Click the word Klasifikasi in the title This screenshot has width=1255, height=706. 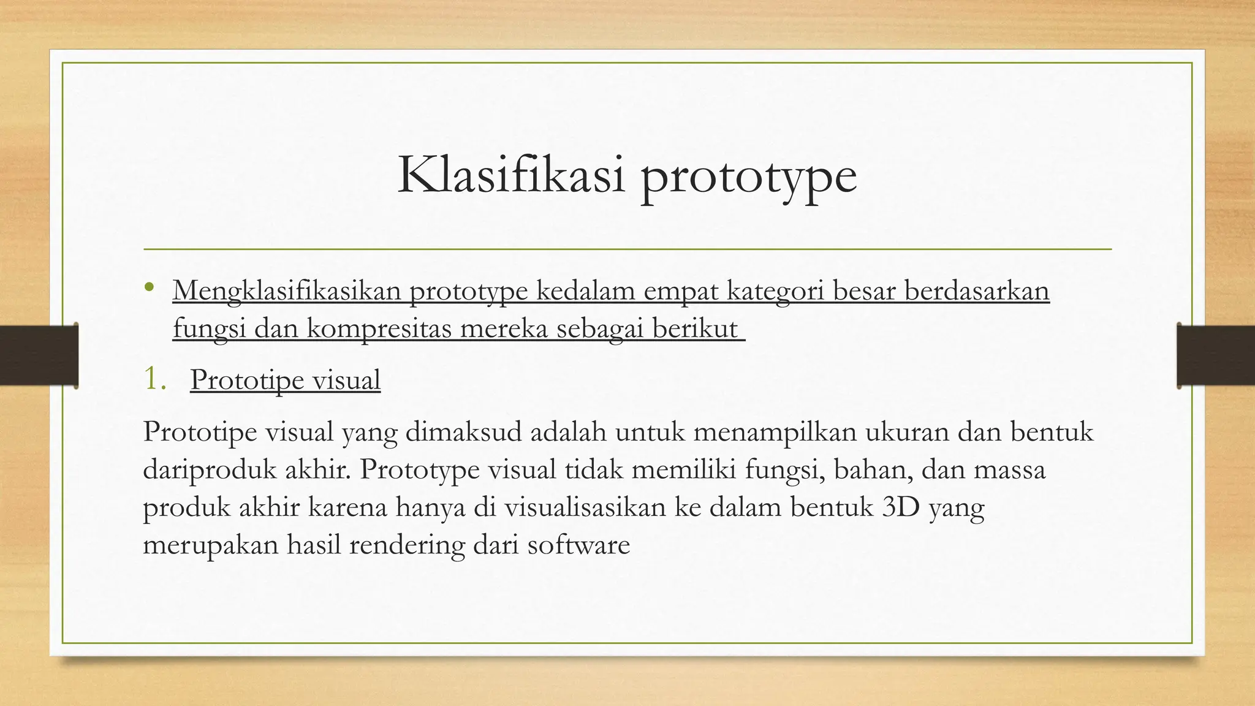pyautogui.click(x=511, y=176)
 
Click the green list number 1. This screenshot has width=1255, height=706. pyautogui.click(x=154, y=379)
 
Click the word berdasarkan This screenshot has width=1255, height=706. pyautogui.click(x=977, y=290)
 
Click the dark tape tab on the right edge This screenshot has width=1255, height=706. pyautogui.click(x=1216, y=355)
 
